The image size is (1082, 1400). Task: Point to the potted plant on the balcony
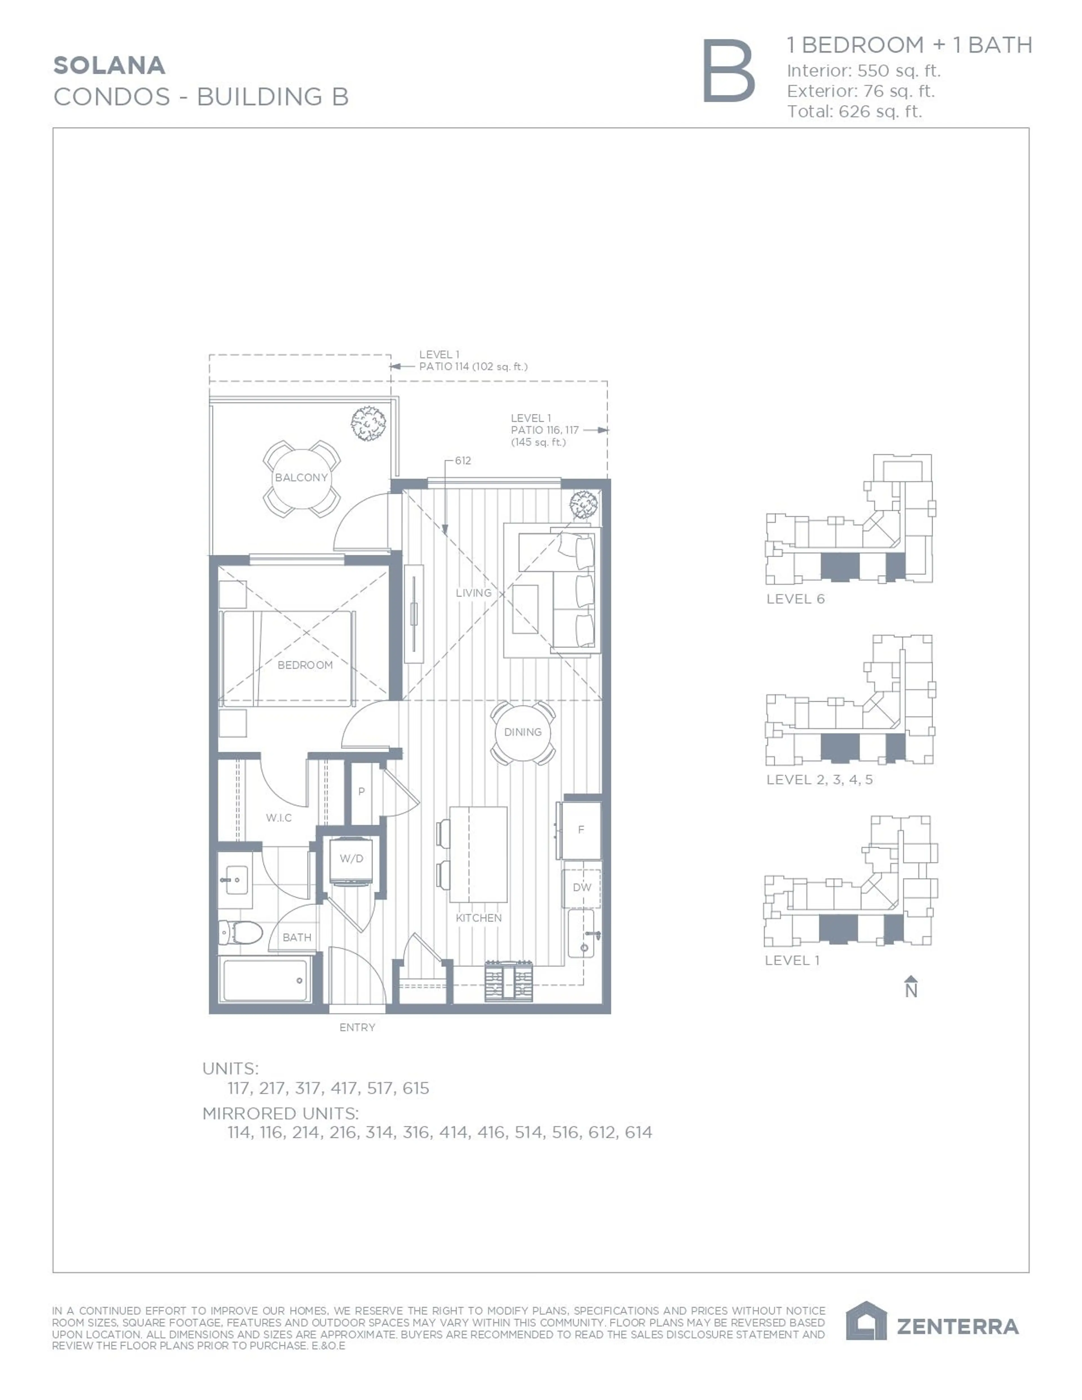pos(369,423)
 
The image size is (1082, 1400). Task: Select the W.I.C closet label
pos(279,818)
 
